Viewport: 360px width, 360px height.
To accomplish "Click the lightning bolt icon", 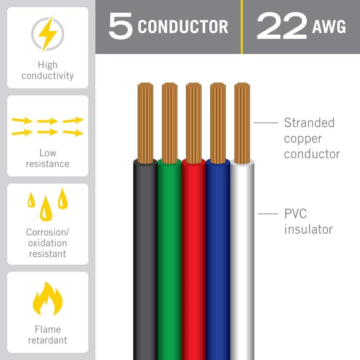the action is (x=48, y=34).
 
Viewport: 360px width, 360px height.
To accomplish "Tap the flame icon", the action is (x=48, y=299).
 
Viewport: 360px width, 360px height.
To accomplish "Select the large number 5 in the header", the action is (x=121, y=26).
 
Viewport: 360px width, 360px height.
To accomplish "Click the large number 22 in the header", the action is (x=282, y=26).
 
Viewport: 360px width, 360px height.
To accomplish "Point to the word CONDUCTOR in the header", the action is (x=183, y=27).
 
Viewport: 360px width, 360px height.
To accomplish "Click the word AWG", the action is (x=329, y=27).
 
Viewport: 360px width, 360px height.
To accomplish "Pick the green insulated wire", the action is (x=170, y=260).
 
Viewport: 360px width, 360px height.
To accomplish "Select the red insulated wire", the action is (x=194, y=260).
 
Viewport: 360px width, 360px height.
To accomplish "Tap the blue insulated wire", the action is (x=218, y=260).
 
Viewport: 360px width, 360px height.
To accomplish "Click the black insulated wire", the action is (x=145, y=260).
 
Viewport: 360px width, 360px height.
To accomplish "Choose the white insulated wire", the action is (x=242, y=260).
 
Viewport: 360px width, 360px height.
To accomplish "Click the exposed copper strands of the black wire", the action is (x=145, y=123).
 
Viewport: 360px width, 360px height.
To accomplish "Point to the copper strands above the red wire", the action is (x=194, y=123).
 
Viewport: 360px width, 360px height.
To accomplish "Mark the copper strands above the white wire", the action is (x=242, y=123).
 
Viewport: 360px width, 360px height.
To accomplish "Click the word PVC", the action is (x=295, y=214).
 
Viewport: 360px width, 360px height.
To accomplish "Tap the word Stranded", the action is (x=309, y=123).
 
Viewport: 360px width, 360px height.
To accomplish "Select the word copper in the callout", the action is (x=303, y=139).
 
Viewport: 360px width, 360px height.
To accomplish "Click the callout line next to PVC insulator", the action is (x=268, y=214).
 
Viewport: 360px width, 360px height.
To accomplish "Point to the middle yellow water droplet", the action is (x=46, y=208).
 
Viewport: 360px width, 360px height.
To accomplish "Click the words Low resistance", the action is (x=48, y=158).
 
